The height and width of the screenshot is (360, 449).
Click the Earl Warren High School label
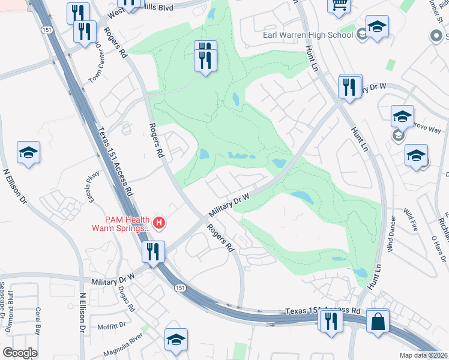(308, 35)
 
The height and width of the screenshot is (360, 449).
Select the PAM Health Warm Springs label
(120, 224)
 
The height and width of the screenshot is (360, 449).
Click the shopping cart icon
(339, 5)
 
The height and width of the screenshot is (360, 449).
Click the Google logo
(20, 353)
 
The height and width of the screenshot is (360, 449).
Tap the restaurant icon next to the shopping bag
(331, 321)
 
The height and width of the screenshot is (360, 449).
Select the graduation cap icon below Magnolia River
(176, 340)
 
